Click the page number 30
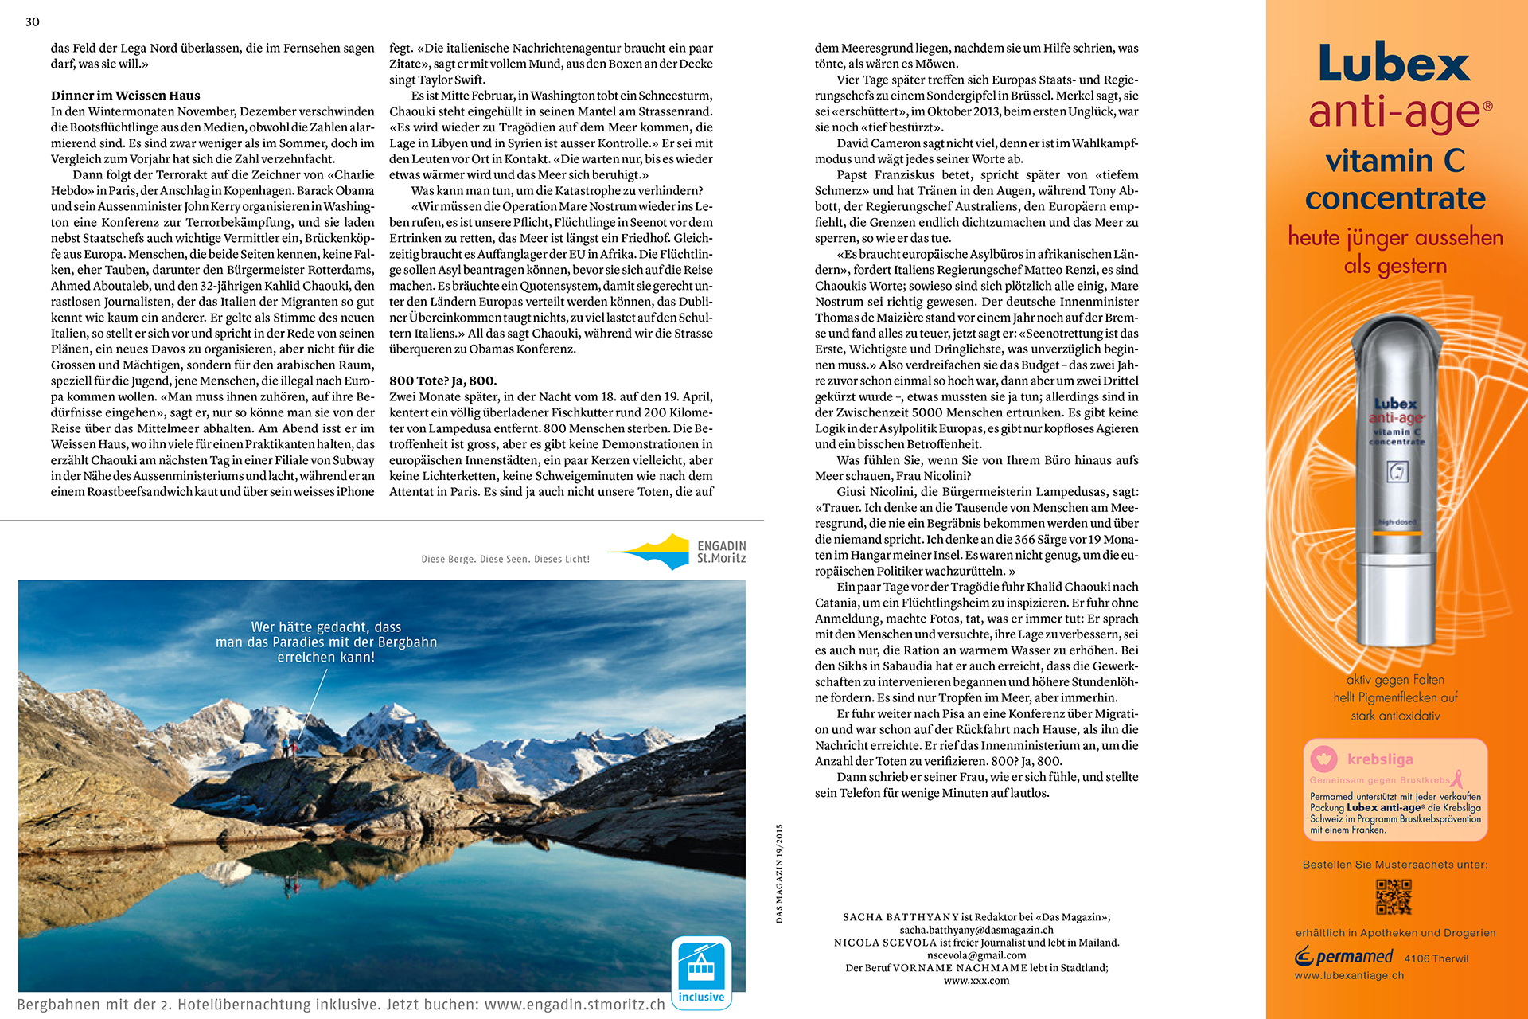pos(33,22)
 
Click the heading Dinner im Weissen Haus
pos(126,96)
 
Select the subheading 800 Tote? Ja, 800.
pos(442,381)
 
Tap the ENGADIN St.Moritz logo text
pos(721,552)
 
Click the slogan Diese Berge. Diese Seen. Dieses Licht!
pos(505,560)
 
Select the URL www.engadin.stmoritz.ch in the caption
pos(575,1005)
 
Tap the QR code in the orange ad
pos(1394,897)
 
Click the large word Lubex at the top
pos(1394,64)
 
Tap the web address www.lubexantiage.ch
pos(1349,976)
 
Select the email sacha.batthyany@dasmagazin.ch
pos(976,930)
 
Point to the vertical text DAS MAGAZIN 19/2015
pos(779,873)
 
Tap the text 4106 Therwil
pos(1436,959)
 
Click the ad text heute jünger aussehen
pos(1395,237)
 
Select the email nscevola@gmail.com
pos(976,955)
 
